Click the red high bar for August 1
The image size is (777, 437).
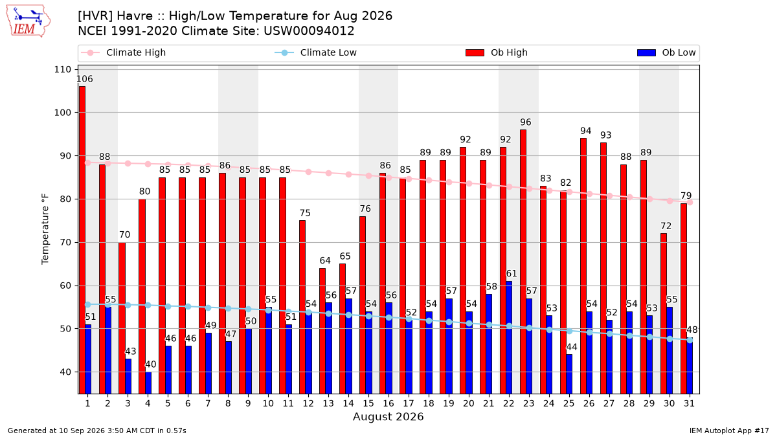tap(82, 240)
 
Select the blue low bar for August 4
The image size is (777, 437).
tap(148, 383)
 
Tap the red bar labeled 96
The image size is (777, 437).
tap(523, 262)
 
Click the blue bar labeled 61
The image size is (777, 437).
tap(509, 337)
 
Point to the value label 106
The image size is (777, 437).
tap(84, 79)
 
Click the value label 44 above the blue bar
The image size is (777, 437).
tap(572, 347)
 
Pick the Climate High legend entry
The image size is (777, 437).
tap(124, 52)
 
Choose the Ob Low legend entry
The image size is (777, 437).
tap(666, 52)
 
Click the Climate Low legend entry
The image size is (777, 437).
tap(316, 52)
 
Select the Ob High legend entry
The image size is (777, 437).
tap(497, 52)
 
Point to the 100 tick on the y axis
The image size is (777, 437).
tap(62, 113)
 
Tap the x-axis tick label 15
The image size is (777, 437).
tap(368, 403)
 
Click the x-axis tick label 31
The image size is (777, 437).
tap(689, 403)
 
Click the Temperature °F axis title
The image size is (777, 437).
tap(45, 229)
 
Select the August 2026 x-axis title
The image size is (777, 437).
tap(388, 416)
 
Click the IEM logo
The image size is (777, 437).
tap(28, 21)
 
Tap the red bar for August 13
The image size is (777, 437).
tap(322, 331)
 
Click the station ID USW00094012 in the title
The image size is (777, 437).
tap(309, 31)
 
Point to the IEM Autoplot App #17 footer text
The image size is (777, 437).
tap(729, 431)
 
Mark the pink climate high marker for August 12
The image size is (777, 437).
tap(308, 172)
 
